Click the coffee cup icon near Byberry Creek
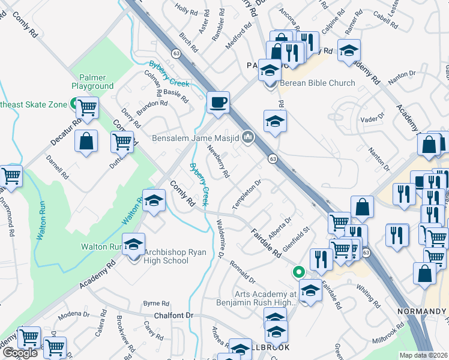pyautogui.click(x=218, y=101)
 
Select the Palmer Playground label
pyautogui.click(x=92, y=82)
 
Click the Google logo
pyautogui.click(x=20, y=352)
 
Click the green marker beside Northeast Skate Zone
pyautogui.click(x=74, y=104)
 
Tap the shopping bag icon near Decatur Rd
pyautogui.click(x=87, y=141)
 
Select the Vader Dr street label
pyautogui.click(x=372, y=119)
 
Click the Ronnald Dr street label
pyautogui.click(x=242, y=272)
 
